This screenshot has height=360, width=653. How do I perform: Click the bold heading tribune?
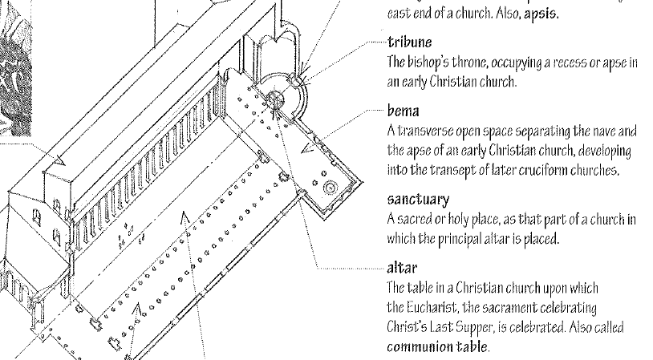[x=409, y=42]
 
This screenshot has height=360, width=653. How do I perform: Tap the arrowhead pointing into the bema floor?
[x=306, y=147]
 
